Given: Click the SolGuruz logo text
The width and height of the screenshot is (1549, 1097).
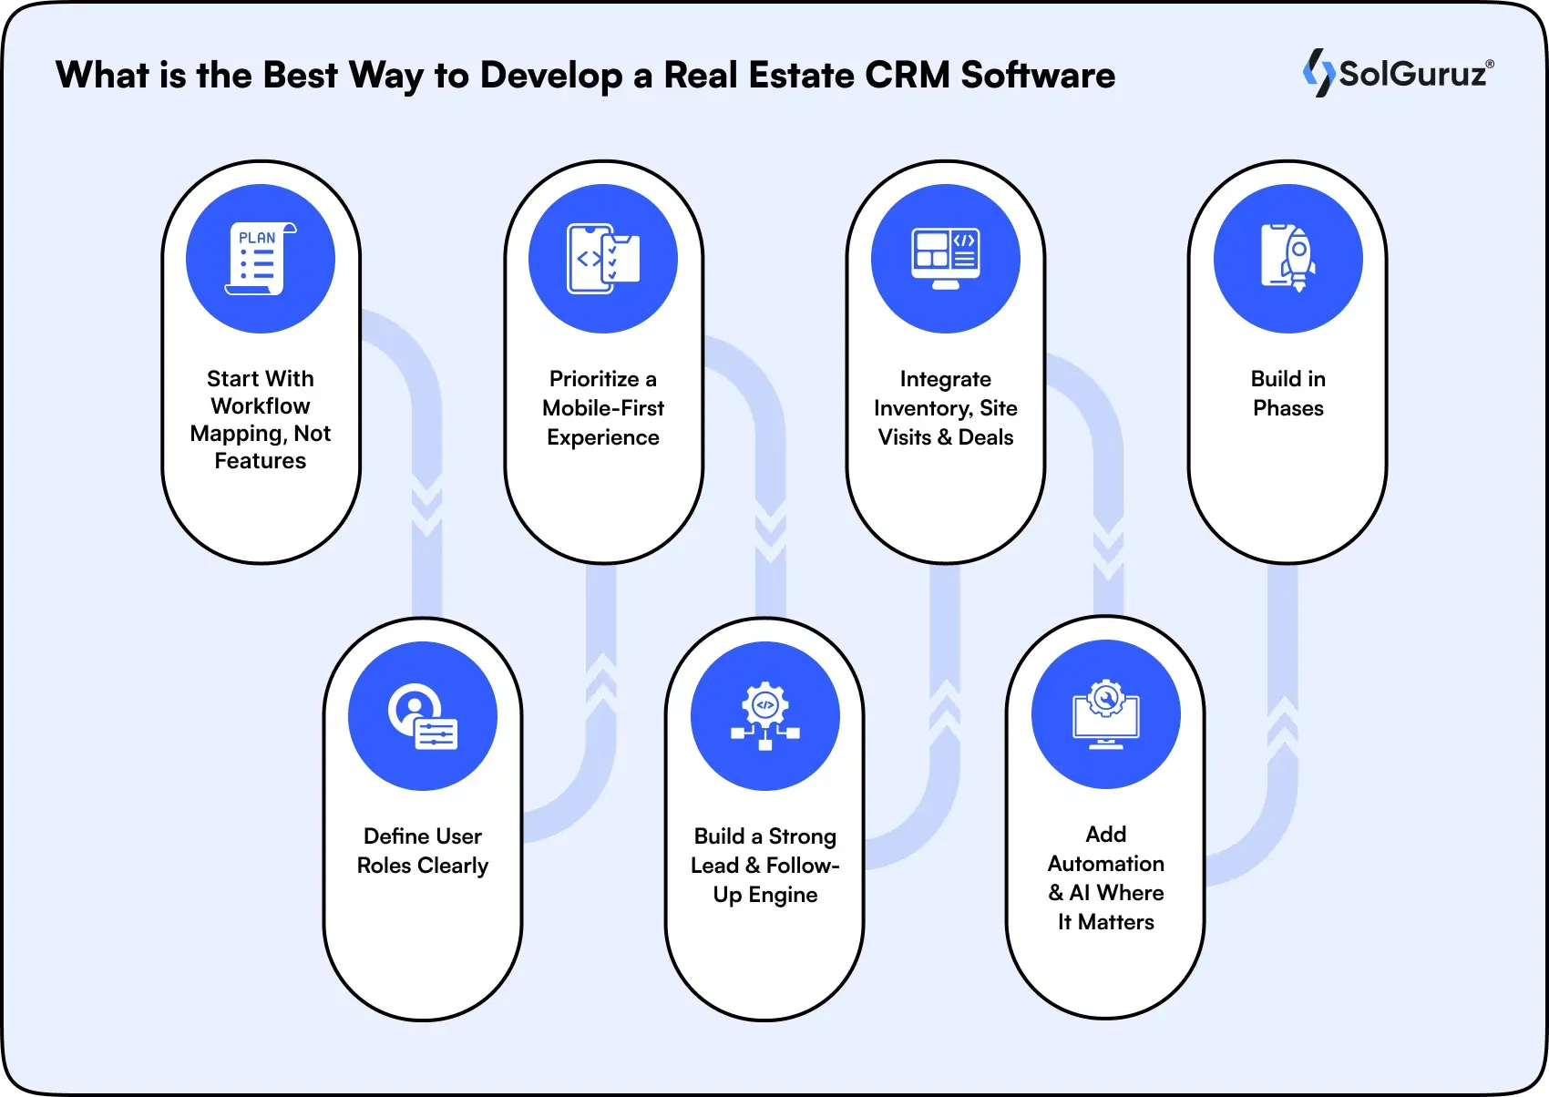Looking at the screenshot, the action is tap(1411, 73).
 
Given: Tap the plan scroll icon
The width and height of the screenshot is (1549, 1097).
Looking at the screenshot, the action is tap(261, 259).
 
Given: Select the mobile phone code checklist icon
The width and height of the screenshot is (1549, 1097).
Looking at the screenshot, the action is tap(603, 259).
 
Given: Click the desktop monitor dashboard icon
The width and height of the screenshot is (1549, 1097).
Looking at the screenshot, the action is tap(946, 259).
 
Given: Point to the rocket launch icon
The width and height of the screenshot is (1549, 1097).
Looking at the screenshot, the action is tap(1288, 259).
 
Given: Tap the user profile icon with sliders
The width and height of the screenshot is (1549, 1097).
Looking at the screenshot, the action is tap(423, 716).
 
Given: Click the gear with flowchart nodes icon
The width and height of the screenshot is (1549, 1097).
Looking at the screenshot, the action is tap(765, 716).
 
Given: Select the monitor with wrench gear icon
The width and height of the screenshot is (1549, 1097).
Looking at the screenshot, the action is tap(1106, 714).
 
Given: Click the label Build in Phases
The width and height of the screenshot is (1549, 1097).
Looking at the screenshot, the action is tap(1288, 394).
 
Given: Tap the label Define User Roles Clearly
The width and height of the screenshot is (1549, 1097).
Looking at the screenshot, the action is tap(423, 851).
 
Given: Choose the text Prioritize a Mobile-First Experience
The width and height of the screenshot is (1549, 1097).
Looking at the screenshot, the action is tap(603, 408).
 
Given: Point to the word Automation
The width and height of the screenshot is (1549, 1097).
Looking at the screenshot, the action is tap(1106, 864).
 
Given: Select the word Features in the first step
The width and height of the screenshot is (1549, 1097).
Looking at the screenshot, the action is tap(261, 461).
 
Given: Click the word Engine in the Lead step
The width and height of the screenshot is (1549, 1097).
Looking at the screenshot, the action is tap(783, 895).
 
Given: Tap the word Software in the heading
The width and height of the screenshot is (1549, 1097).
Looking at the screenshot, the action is tap(1038, 75).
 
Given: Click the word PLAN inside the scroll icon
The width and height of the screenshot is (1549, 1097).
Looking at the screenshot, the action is tap(257, 238).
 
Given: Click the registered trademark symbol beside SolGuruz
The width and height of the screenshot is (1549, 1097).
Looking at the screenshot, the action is tap(1490, 65).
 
